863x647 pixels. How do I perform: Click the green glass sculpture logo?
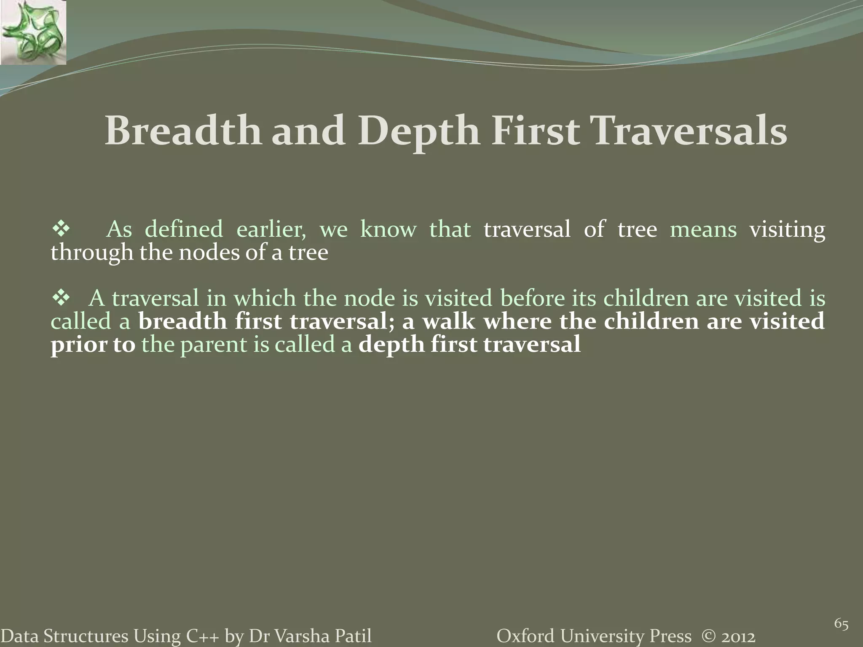33,32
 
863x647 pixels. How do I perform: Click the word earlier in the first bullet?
271,230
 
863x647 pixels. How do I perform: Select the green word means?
703,230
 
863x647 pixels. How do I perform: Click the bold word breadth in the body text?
183,322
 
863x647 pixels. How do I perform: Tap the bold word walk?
448,322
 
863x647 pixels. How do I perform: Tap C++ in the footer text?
202,636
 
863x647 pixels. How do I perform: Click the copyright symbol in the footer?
709,636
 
